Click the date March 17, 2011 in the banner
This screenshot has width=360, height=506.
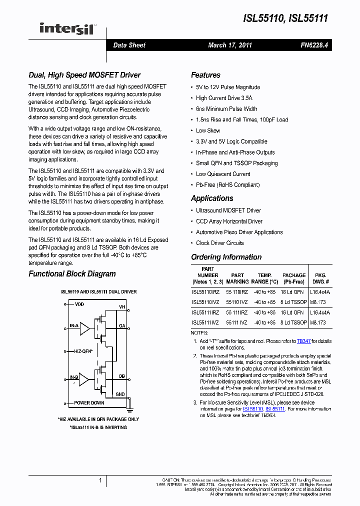click(x=230, y=45)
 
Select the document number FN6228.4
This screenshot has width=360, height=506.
click(x=314, y=45)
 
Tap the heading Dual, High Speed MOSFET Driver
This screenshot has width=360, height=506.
click(x=84, y=75)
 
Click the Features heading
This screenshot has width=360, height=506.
click(x=205, y=75)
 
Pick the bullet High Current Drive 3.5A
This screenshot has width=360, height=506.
click(x=224, y=98)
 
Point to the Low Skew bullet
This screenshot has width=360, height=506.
click(x=208, y=130)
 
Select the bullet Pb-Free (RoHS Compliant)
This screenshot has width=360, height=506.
click(x=227, y=185)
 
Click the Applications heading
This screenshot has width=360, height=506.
click(x=212, y=198)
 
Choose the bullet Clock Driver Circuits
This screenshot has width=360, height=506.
click(x=220, y=243)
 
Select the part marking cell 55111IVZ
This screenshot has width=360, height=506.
click(x=236, y=323)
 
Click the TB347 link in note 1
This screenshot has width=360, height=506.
click(x=303, y=341)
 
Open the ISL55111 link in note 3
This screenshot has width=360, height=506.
click(x=275, y=409)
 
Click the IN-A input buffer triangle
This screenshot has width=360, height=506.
click(x=85, y=328)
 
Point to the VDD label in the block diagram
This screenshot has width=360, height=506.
click(x=79, y=304)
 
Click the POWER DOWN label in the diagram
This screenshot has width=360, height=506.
click(x=89, y=402)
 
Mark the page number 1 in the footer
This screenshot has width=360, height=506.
click(x=100, y=481)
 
